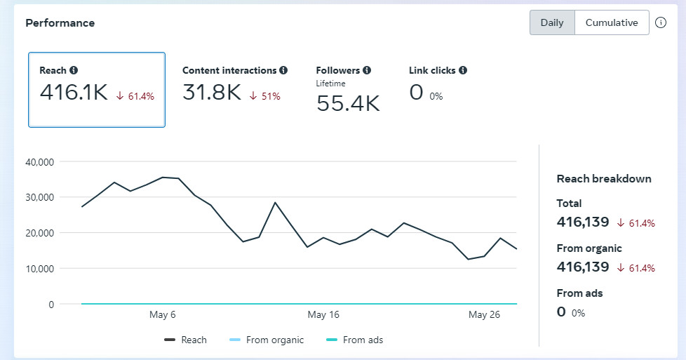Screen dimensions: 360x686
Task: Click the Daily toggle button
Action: click(552, 22)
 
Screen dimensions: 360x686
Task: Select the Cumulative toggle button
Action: click(612, 22)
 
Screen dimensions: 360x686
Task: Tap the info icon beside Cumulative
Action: click(661, 22)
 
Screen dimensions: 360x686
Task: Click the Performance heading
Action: click(60, 23)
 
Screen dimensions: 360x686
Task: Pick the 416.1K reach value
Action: click(74, 93)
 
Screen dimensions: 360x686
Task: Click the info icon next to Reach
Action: click(74, 70)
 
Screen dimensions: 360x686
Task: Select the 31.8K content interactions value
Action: click(212, 93)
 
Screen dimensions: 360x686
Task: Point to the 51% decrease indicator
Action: click(266, 96)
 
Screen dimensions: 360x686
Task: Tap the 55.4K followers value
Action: click(348, 104)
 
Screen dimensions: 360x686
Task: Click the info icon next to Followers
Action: click(367, 70)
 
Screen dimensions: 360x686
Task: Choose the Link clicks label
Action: click(432, 70)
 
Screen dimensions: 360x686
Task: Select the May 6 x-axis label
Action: click(163, 315)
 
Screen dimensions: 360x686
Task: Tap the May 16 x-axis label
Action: click(323, 315)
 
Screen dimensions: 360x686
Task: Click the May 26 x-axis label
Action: click(484, 315)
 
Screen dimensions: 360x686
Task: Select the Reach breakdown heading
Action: click(604, 179)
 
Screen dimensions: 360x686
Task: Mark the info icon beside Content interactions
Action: click(283, 70)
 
